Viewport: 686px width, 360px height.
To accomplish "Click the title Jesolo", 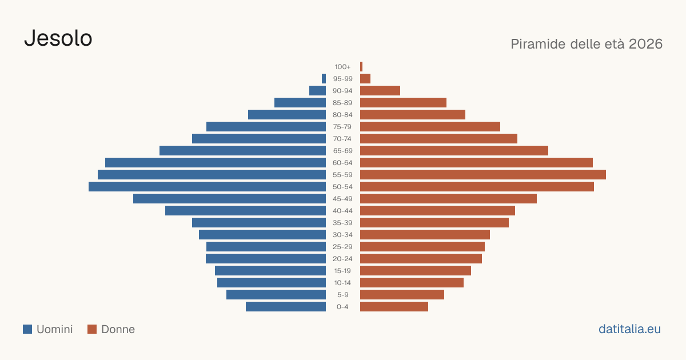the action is tap(58, 38).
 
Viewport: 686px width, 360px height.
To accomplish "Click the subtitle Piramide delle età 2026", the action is tap(587, 44).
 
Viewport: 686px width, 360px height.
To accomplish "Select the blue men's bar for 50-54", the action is tap(208, 187).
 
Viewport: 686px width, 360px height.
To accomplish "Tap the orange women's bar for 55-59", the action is tap(483, 175).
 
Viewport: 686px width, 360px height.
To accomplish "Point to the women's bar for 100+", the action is tap(361, 67).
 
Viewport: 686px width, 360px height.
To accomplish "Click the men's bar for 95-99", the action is tap(324, 79).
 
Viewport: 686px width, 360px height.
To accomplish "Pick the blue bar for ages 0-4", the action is tap(286, 307).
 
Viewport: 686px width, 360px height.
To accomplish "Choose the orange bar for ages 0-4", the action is tap(394, 307).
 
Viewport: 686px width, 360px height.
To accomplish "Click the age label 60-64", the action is tap(342, 163).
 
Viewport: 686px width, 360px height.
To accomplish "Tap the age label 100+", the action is tap(342, 67).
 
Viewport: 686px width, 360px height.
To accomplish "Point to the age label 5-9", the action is tap(342, 295).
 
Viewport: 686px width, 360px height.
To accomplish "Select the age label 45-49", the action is tap(342, 199).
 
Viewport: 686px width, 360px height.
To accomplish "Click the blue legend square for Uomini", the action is tap(27, 329).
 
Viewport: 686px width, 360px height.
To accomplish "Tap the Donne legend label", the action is tap(118, 329).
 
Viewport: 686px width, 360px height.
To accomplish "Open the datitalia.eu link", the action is tap(629, 329).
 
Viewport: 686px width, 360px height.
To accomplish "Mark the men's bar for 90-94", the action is tap(318, 91).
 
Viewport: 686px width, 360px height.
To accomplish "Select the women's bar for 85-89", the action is tap(404, 102).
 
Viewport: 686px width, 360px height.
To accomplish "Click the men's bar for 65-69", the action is tap(242, 151).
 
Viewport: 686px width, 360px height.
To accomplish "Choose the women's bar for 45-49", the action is tap(448, 199).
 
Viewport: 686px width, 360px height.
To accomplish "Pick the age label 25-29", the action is tap(342, 247).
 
